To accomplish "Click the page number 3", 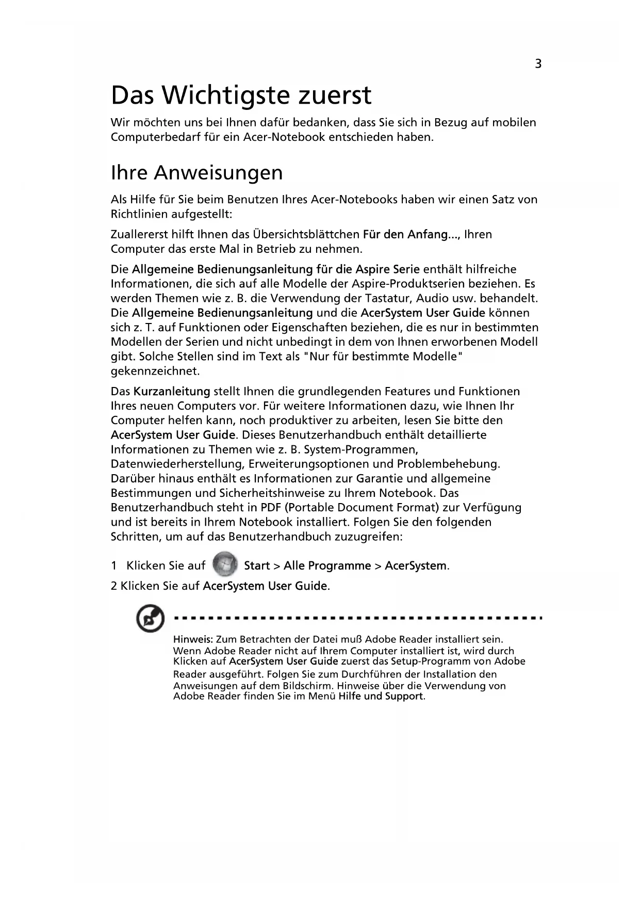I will coord(538,64).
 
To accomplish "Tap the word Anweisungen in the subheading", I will coord(218,173).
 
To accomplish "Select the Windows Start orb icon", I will coord(225,564).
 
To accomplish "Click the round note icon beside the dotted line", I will coord(150,620).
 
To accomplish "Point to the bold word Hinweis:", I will coord(193,640).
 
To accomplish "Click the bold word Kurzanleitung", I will coord(172,391).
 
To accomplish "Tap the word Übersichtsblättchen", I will coord(306,234).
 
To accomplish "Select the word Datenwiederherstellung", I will coord(178,464).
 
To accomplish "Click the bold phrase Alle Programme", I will coord(327,565).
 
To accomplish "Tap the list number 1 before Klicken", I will coord(113,565).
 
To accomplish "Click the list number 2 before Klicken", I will coord(114,586).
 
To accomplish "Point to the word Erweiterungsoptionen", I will coord(311,464).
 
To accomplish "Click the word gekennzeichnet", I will coord(155,371).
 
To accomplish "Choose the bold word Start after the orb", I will coord(257,565).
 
